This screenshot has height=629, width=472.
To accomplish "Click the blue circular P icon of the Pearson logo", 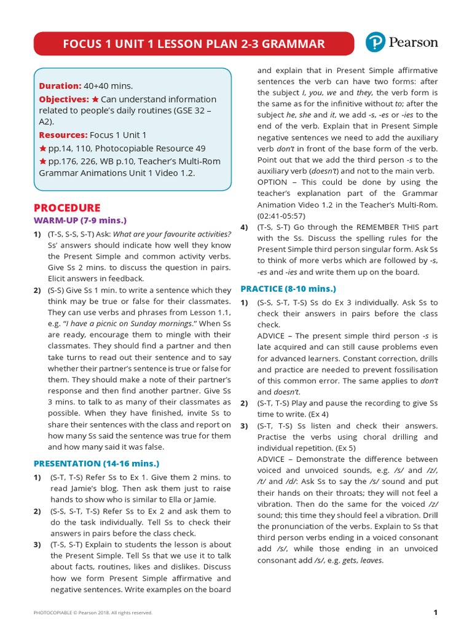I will click(x=375, y=42).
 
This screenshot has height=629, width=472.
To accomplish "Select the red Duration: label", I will click(x=60, y=86).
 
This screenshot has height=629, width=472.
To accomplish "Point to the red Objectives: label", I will click(x=64, y=100).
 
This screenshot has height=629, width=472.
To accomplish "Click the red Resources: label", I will click(x=63, y=135).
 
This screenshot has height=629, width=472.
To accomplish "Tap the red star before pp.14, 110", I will click(x=43, y=149).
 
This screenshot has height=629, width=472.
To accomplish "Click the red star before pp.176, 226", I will click(x=43, y=162).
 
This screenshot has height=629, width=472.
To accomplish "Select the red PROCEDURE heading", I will click(x=67, y=208).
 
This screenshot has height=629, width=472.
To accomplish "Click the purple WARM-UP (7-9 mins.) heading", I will click(x=80, y=221).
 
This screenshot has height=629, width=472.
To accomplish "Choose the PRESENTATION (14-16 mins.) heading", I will click(x=96, y=464).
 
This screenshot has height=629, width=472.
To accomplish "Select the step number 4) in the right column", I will click(x=244, y=227).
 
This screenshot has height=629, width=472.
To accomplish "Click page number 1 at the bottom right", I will click(x=435, y=612).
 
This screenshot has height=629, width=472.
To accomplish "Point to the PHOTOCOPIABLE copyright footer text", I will click(x=93, y=612).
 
